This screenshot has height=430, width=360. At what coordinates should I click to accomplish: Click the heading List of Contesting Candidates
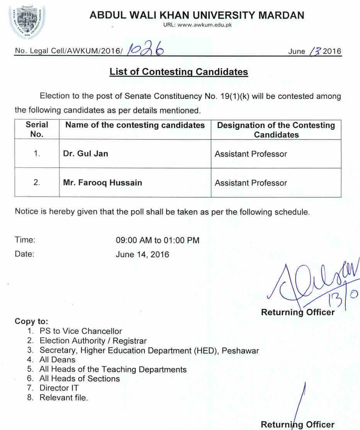[x=178, y=72]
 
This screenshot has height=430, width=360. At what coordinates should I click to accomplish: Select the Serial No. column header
[x=37, y=129]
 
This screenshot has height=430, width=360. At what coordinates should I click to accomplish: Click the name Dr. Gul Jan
[x=85, y=154]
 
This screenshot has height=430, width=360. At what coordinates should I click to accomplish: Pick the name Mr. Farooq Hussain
[x=102, y=182]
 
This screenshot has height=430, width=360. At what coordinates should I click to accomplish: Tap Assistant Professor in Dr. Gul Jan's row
[x=251, y=154]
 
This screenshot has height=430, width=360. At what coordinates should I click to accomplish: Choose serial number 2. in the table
[x=37, y=182]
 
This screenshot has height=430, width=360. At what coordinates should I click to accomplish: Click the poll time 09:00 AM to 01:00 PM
[x=158, y=240]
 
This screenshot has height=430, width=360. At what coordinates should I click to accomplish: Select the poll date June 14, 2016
[x=142, y=255]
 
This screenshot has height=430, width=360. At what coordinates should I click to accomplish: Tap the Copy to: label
[x=32, y=321]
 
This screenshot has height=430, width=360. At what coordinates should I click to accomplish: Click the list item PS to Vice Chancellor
[x=80, y=331]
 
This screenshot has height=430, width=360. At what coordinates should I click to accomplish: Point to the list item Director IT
[x=59, y=388]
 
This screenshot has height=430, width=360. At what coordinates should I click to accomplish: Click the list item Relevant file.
[x=63, y=398]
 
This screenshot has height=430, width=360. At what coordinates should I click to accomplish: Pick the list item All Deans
[x=57, y=360]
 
